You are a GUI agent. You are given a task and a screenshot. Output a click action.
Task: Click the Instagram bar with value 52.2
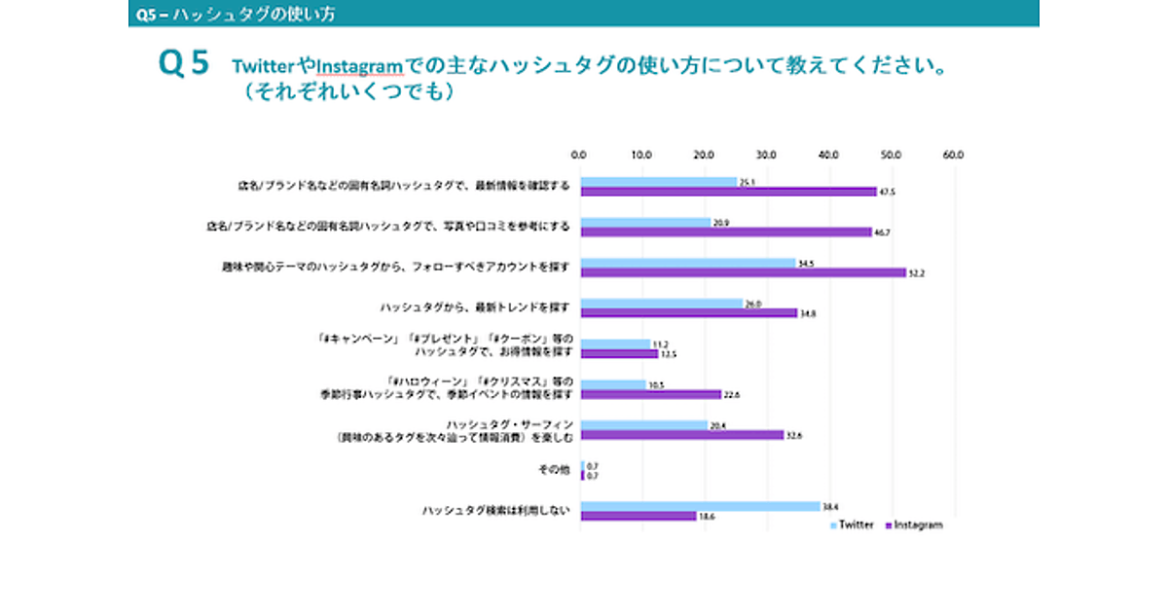[744, 273]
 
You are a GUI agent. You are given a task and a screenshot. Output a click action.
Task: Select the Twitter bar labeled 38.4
[701, 506]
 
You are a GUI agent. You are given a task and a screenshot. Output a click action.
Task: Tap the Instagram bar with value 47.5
[729, 192]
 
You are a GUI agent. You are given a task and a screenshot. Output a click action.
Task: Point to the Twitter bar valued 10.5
[613, 384]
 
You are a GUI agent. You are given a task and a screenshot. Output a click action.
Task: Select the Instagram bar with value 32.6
[682, 435]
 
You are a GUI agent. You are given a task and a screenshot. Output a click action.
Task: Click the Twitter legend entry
[852, 525]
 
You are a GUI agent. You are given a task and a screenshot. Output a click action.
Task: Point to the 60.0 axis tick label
[953, 154]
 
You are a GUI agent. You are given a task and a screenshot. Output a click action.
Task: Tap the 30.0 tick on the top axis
[766, 154]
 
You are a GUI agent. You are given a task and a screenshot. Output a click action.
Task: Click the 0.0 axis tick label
[579, 154]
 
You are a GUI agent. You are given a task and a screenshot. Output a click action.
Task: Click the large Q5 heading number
[184, 64]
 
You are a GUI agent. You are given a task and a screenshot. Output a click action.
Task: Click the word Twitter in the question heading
[263, 67]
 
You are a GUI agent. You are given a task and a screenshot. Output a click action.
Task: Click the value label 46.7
[886, 233]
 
